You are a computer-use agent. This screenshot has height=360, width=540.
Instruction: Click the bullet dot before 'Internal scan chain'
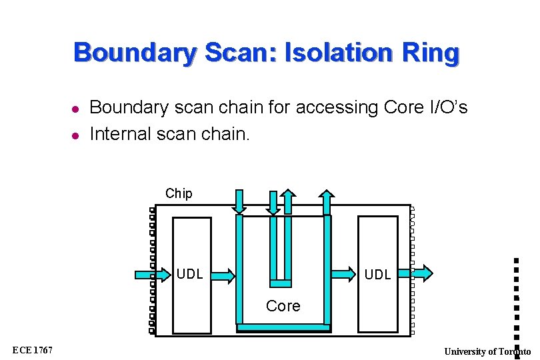pos(76,135)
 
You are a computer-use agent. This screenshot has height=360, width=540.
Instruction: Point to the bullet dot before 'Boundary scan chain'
pos(76,109)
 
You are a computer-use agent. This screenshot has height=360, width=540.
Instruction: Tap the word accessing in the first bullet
pos(303,107)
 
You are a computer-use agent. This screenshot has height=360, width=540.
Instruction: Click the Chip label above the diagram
pos(179,194)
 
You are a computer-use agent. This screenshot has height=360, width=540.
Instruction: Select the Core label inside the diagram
pos(283,306)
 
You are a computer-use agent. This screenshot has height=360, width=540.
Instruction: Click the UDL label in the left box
pos(190,274)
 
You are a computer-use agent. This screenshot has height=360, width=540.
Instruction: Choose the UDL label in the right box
pos(378,274)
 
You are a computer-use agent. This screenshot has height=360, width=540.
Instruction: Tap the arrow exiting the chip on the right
pos(421,272)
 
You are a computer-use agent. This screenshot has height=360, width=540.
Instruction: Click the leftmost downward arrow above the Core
pos(239,201)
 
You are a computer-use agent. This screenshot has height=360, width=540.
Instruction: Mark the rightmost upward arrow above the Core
pos(327,202)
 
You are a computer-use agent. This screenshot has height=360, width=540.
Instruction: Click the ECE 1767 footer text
pos(33,351)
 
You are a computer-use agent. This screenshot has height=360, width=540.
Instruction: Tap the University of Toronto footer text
pos(487,351)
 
